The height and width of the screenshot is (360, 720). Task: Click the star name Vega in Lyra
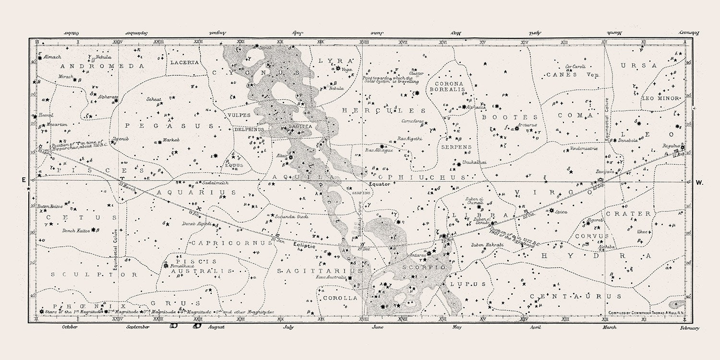(347, 70)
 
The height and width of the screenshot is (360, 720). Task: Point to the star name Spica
(561, 211)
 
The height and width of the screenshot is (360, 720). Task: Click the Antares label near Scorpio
(418, 255)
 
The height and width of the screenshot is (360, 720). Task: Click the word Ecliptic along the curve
(304, 245)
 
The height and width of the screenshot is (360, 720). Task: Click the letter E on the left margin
(23, 180)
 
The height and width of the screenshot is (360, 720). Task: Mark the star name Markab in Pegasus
(171, 140)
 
